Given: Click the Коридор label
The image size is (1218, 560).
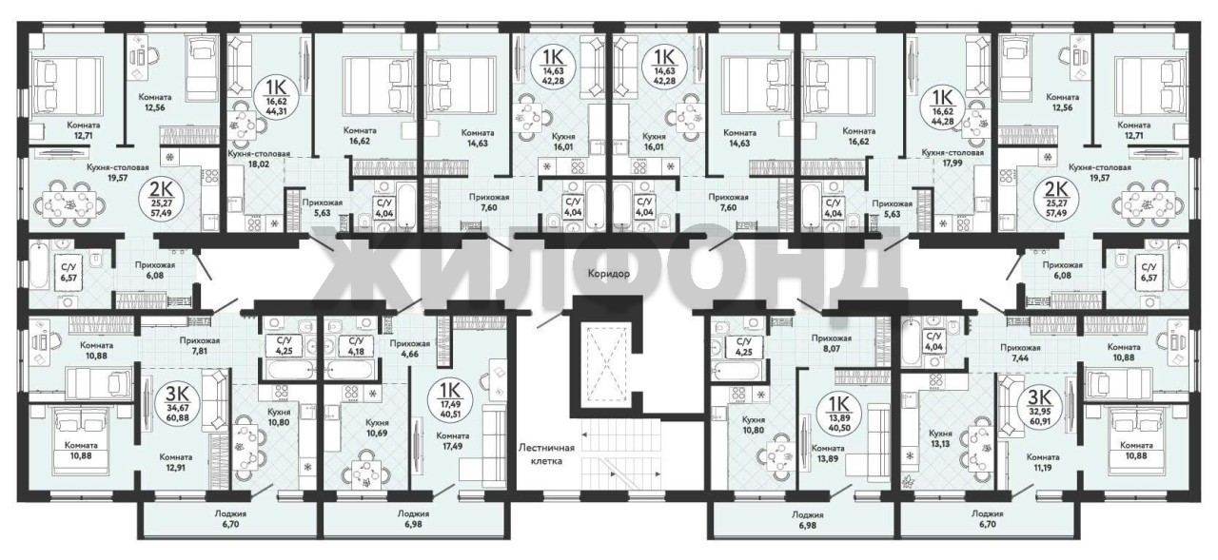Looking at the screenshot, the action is [x=608, y=274].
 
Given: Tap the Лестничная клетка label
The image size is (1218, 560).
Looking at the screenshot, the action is [x=546, y=454].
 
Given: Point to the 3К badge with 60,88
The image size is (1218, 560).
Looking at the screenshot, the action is [x=184, y=404].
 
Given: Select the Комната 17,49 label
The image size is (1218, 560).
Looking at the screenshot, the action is [x=452, y=441].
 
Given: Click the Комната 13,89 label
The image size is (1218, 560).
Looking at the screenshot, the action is [x=828, y=454].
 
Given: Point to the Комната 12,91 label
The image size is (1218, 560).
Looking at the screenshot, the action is [x=176, y=462].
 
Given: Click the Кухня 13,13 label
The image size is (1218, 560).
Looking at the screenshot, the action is [x=940, y=438].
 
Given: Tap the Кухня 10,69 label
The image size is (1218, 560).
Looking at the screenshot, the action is [x=377, y=428].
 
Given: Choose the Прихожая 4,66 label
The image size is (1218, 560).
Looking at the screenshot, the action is [x=409, y=349].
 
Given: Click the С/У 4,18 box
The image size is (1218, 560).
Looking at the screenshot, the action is [x=356, y=345].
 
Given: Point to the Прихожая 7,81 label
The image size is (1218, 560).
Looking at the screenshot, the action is [x=200, y=345].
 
